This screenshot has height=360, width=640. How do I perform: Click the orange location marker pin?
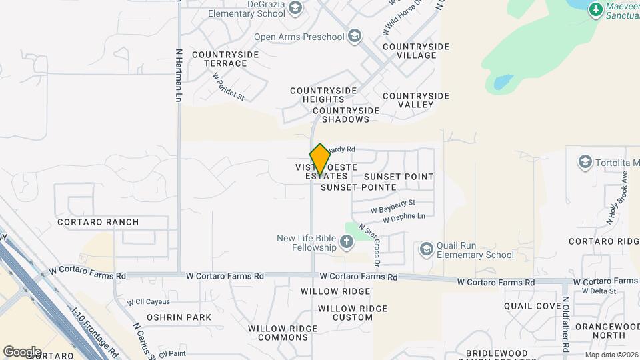point(320,159)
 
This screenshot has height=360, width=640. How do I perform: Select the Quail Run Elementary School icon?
point(426,249)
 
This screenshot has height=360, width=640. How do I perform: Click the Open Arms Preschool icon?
point(355,36)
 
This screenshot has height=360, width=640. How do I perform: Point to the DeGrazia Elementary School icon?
point(295,8)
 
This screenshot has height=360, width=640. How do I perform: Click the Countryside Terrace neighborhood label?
point(219,59)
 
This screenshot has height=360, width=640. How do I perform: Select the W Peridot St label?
point(229,87)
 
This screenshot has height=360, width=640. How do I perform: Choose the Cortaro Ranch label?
point(98,222)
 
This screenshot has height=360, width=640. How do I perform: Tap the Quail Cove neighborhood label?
point(533,306)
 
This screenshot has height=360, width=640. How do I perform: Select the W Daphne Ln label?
point(404,217)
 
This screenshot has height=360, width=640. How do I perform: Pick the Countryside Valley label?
point(416,100)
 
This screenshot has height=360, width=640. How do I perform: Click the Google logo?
point(22,351)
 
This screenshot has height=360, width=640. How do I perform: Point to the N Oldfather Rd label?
point(565,324)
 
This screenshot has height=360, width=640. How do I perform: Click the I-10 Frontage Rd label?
point(95,331)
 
